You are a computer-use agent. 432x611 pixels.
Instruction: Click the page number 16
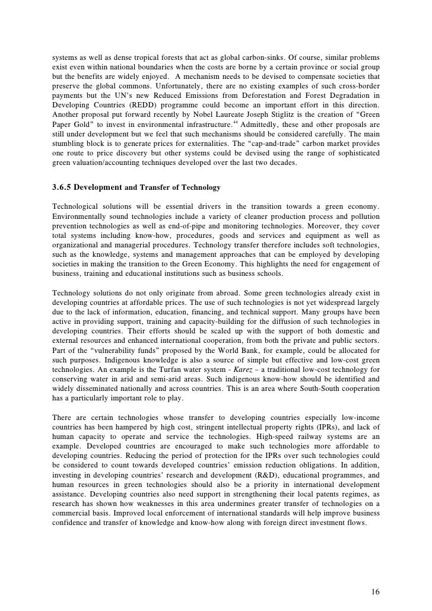coord(374,575)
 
